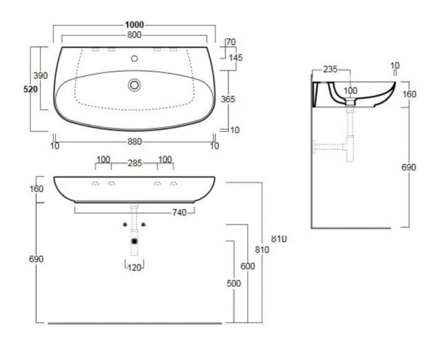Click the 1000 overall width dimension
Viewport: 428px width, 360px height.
click(x=134, y=25)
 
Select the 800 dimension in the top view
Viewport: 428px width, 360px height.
click(x=134, y=35)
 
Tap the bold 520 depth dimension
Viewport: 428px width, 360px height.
click(x=30, y=89)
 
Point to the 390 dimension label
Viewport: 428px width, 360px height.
click(x=40, y=76)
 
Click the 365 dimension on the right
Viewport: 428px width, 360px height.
click(x=228, y=99)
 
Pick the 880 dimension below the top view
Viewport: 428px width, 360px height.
click(x=134, y=142)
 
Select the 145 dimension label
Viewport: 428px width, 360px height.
click(x=235, y=58)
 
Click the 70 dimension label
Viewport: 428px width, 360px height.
click(x=231, y=42)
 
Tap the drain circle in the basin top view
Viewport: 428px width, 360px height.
click(x=134, y=85)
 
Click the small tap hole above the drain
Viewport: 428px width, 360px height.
click(x=134, y=58)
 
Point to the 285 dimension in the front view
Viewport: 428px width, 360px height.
click(x=135, y=163)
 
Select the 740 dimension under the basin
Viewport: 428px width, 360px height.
click(x=179, y=212)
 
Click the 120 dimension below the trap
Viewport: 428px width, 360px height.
click(x=134, y=268)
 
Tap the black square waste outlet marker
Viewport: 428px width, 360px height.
click(x=134, y=241)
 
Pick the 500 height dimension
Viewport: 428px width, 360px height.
click(x=234, y=283)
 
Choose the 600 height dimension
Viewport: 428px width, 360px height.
click(x=247, y=266)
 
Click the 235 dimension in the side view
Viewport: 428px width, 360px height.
click(x=330, y=69)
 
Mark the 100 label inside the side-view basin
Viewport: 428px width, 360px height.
click(x=350, y=91)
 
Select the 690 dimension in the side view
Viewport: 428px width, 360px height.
click(x=409, y=167)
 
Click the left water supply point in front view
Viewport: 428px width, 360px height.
click(x=125, y=225)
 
